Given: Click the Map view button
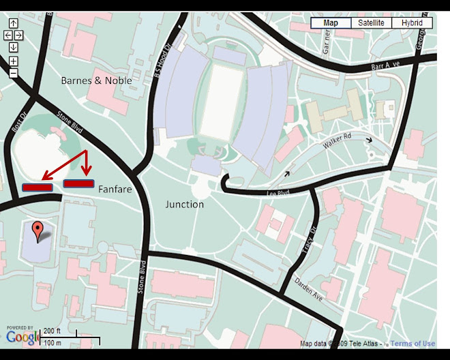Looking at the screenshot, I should pyautogui.click(x=331, y=22).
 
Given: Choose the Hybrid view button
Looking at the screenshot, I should pyautogui.click(x=412, y=22).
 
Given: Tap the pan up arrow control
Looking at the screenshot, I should pyautogui.click(x=13, y=22).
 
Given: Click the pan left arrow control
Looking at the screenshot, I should pyautogui.click(x=7, y=35).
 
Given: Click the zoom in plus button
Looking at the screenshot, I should pyautogui.click(x=13, y=61).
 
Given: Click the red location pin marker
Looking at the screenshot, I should pyautogui.click(x=39, y=231).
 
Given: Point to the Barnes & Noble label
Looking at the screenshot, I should pyautogui.click(x=96, y=80).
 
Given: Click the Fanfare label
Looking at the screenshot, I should pyautogui.click(x=115, y=189).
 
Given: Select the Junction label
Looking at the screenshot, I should pyautogui.click(x=185, y=204).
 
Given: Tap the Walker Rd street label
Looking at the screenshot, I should pyautogui.click(x=336, y=145).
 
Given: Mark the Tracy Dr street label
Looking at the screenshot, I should pyautogui.click(x=305, y=241).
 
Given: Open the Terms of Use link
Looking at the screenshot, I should pyautogui.click(x=412, y=344).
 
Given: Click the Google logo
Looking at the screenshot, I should pyautogui.click(x=22, y=336).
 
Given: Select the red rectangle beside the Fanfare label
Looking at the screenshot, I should pyautogui.click(x=78, y=183).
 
